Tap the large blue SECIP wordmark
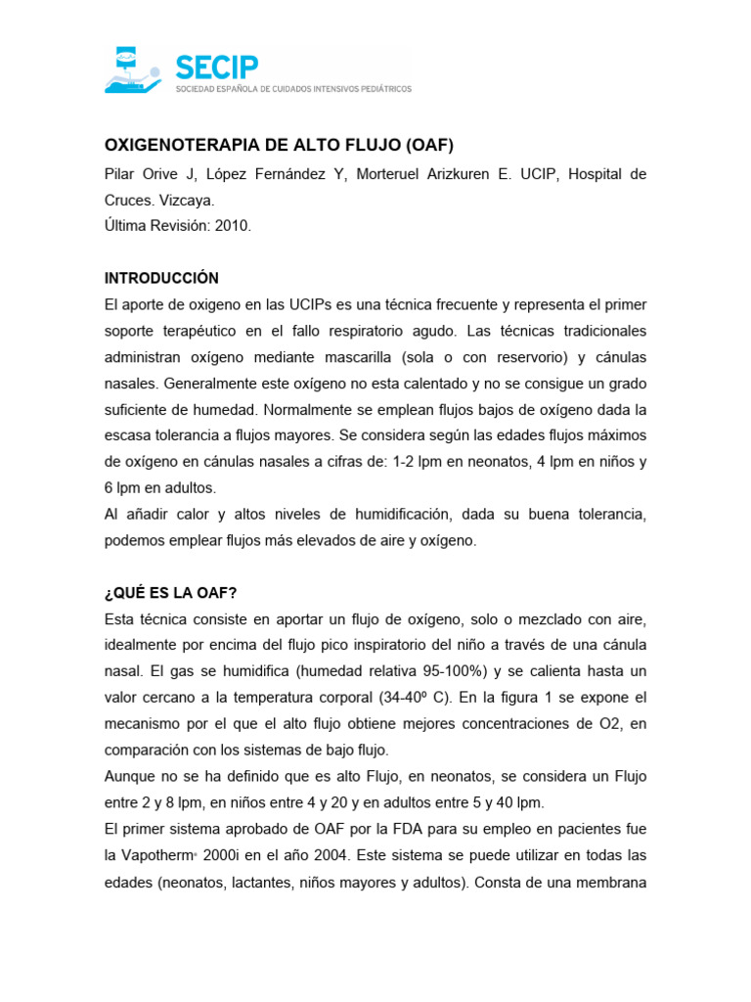pos(216,67)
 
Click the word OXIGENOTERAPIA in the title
pos(181,146)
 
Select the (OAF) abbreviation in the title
pos(427,146)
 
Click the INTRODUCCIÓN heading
pos(161,278)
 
